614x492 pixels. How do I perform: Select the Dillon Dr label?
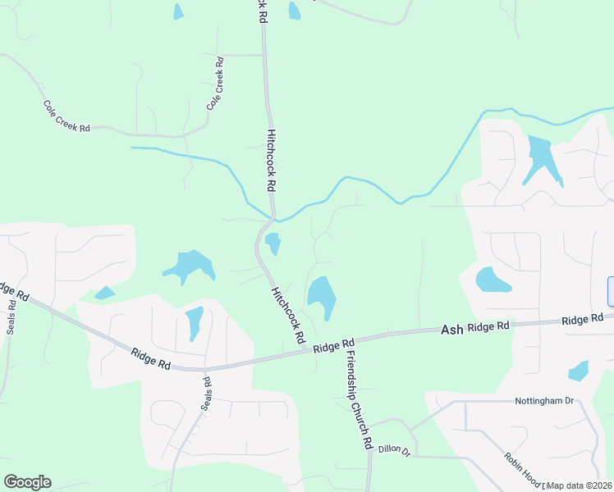tap(394, 449)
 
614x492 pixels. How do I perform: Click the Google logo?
tap(27, 482)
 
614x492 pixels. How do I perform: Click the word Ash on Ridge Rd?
tap(452, 329)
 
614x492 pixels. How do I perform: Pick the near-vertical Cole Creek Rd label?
tap(215, 84)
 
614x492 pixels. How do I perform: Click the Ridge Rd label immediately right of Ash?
tap(488, 326)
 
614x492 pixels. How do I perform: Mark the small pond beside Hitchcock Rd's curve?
tap(273, 243)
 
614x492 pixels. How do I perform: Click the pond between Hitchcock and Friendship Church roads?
tap(320, 296)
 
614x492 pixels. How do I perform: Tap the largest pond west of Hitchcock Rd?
tap(190, 266)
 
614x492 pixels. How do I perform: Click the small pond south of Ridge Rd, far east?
tap(579, 371)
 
